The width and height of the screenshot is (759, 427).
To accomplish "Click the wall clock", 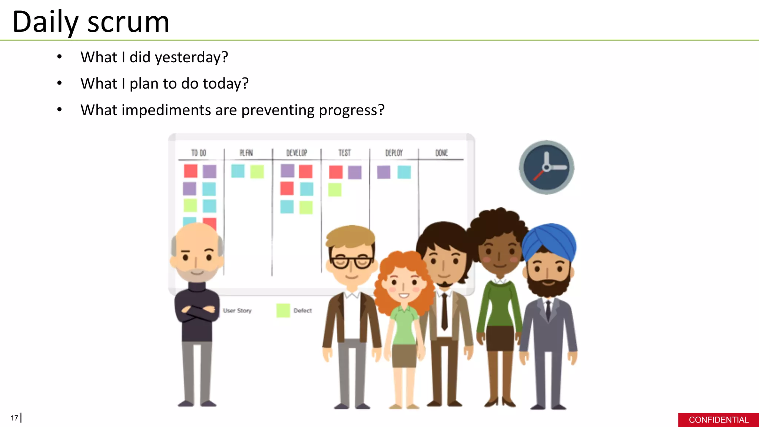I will (x=546, y=168).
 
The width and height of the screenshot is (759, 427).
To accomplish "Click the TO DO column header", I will (x=199, y=153).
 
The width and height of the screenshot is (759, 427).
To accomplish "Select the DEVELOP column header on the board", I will (x=296, y=153).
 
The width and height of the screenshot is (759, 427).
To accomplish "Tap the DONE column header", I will (x=441, y=153).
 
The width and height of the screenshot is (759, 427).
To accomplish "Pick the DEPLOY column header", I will (x=394, y=153).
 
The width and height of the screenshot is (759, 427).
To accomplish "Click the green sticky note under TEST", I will (x=335, y=190).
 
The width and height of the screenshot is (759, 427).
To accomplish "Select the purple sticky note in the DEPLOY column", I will (x=384, y=172).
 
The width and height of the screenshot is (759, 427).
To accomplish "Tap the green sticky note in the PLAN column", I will (x=257, y=172).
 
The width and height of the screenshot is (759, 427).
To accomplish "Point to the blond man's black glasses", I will (x=351, y=261).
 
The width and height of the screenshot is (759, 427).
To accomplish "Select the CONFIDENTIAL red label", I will (x=718, y=420).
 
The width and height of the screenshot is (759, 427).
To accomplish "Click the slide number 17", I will (x=14, y=418).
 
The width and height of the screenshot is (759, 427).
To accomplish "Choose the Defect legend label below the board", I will (x=302, y=311).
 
